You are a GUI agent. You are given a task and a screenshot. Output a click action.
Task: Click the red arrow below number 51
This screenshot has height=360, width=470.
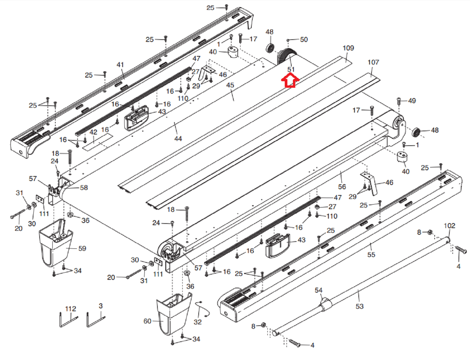[290, 81]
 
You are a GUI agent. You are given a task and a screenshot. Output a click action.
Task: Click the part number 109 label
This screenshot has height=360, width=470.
[348, 48]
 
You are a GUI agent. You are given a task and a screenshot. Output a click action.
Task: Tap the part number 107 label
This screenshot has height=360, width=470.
[373, 62]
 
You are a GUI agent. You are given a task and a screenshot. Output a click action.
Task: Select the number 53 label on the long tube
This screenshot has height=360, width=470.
[359, 306]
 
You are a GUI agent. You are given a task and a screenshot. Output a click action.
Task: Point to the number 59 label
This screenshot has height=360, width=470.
[82, 248]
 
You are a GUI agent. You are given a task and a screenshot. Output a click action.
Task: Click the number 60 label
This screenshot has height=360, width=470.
[147, 321]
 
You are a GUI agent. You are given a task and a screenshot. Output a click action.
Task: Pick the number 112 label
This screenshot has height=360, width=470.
[71, 309]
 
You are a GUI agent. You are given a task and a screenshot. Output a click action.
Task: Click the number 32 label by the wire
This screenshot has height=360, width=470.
[198, 322]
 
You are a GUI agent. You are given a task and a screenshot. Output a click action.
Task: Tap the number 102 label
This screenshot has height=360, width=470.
[449, 226]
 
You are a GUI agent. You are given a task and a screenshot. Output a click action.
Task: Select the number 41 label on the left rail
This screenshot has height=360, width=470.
[120, 65]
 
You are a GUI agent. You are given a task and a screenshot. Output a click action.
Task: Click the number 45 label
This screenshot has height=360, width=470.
[230, 85]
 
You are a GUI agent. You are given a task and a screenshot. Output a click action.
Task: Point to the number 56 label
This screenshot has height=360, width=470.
[342, 187]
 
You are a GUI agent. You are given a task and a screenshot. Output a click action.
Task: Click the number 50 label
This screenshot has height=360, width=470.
[304, 40]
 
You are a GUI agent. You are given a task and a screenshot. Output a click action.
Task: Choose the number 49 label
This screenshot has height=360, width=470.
[412, 101]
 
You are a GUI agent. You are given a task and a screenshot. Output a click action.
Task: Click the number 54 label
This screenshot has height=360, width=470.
[318, 290]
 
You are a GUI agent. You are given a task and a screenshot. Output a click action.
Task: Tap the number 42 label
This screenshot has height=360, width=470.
[94, 132]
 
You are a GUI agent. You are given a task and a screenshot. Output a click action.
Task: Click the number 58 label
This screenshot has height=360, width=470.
[84, 188]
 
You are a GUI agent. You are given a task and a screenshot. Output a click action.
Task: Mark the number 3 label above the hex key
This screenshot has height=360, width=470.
[100, 306]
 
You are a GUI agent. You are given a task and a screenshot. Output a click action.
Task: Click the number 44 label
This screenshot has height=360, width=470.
[178, 139]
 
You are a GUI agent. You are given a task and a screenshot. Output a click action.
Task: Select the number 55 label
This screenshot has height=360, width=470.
[371, 255]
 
